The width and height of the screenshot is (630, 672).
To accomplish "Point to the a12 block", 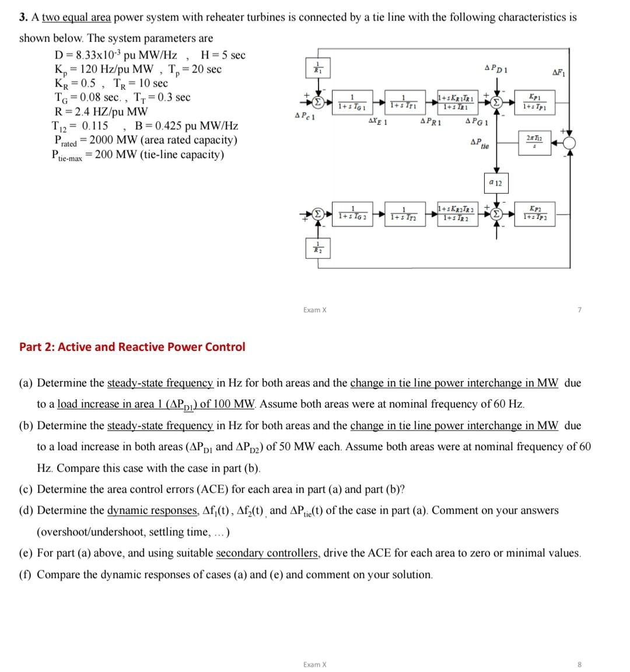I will [x=496, y=183].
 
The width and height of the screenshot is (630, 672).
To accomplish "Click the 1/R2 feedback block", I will [x=317, y=248].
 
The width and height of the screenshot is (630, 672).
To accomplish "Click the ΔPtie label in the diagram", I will [x=480, y=144].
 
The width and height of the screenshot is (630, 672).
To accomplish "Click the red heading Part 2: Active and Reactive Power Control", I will [x=132, y=347].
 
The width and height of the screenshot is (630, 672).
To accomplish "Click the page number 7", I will [x=579, y=309].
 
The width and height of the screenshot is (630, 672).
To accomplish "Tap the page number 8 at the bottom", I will [x=579, y=664].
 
